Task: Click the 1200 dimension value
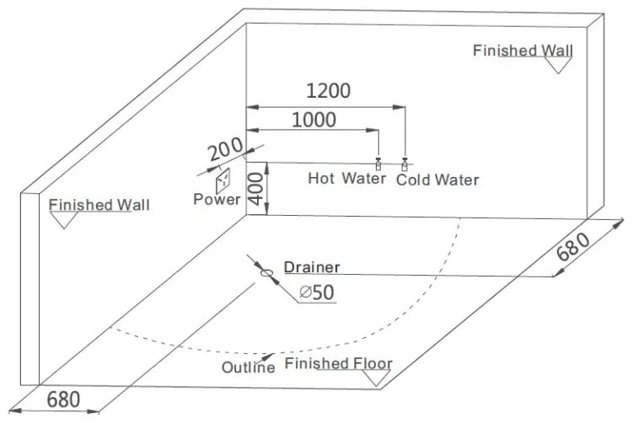tap(329, 91)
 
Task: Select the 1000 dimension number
tap(314, 120)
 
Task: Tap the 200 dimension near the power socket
tap(226, 148)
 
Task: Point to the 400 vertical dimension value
tap(256, 189)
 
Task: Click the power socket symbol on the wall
tap(223, 181)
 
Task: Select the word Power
tap(217, 199)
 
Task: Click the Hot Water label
tap(347, 178)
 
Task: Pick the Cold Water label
tap(437, 180)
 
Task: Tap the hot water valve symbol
tap(378, 164)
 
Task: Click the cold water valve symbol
tap(404, 164)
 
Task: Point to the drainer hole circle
tap(266, 273)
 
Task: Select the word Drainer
tap(312, 267)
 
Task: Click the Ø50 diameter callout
tap(317, 293)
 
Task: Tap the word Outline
tap(249, 368)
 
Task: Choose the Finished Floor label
tap(339, 363)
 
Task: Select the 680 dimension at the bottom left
tap(63, 400)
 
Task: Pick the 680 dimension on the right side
tap(573, 247)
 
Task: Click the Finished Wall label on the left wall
tap(99, 205)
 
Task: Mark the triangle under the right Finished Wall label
tap(558, 65)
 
